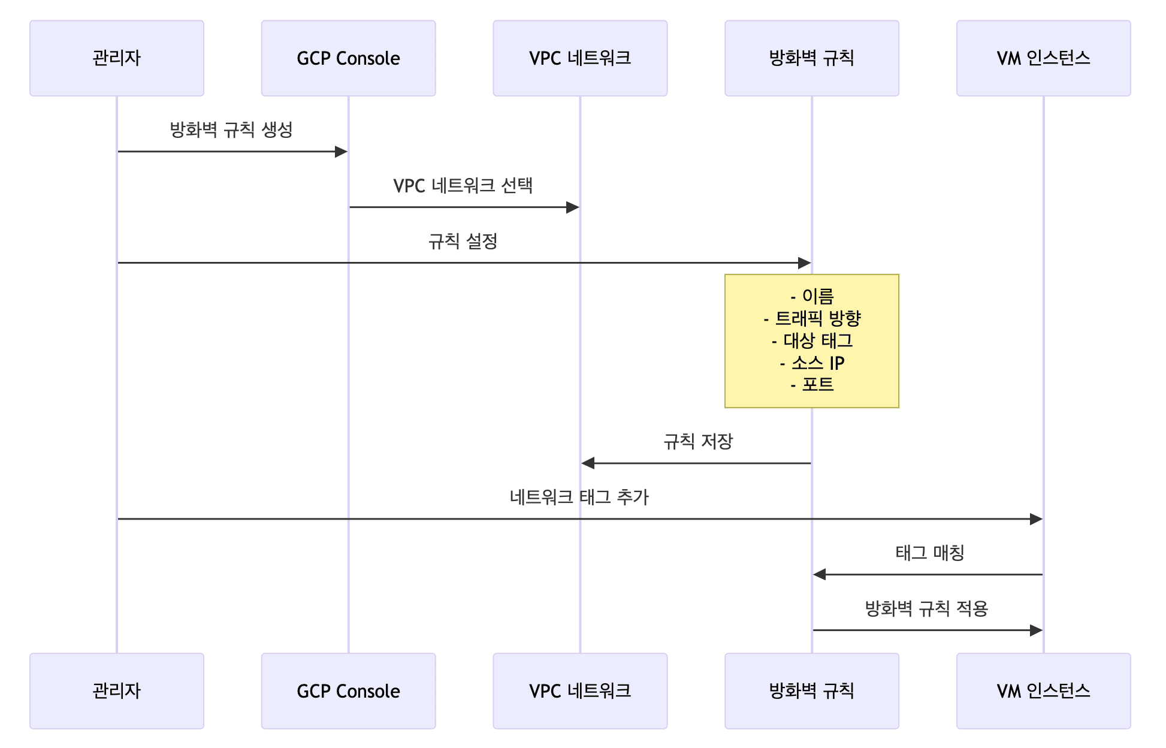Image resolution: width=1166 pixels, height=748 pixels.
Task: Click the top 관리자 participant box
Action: coord(117,58)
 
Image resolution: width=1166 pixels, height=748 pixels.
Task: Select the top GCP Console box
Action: coord(348,58)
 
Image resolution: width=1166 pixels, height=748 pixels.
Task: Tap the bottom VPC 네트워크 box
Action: coord(580,690)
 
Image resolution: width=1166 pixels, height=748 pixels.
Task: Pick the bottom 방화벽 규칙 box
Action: coord(811,690)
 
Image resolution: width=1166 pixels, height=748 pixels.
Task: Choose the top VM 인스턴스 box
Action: coord(1043,58)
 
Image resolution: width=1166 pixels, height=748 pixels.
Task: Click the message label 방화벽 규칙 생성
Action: coord(231,129)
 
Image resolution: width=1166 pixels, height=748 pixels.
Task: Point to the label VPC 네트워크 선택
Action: coord(463,185)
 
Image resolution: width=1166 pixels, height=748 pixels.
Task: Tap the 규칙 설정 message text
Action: coord(463,241)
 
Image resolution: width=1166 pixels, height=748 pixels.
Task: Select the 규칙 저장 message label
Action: coord(698,442)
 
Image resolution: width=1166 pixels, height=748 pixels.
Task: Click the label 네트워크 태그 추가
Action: coord(579,497)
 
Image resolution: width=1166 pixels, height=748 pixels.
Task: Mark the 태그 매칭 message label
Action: coord(929,553)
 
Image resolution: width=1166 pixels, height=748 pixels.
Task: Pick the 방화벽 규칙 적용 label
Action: coord(926,608)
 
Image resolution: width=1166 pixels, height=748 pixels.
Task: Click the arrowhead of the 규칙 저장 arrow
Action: coord(588,463)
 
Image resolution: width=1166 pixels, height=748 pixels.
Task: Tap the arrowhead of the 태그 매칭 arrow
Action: coord(820,574)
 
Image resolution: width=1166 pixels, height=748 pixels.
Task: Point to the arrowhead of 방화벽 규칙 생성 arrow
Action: coord(341,152)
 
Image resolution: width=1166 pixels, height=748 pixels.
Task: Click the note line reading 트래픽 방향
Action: coord(812,318)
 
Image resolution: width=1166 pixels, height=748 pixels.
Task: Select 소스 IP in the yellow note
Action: coord(812,363)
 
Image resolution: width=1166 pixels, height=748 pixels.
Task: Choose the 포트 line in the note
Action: coord(812,384)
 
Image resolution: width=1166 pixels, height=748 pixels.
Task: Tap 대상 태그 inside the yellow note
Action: coord(812,340)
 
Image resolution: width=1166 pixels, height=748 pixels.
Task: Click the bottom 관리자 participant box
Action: coord(117,690)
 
